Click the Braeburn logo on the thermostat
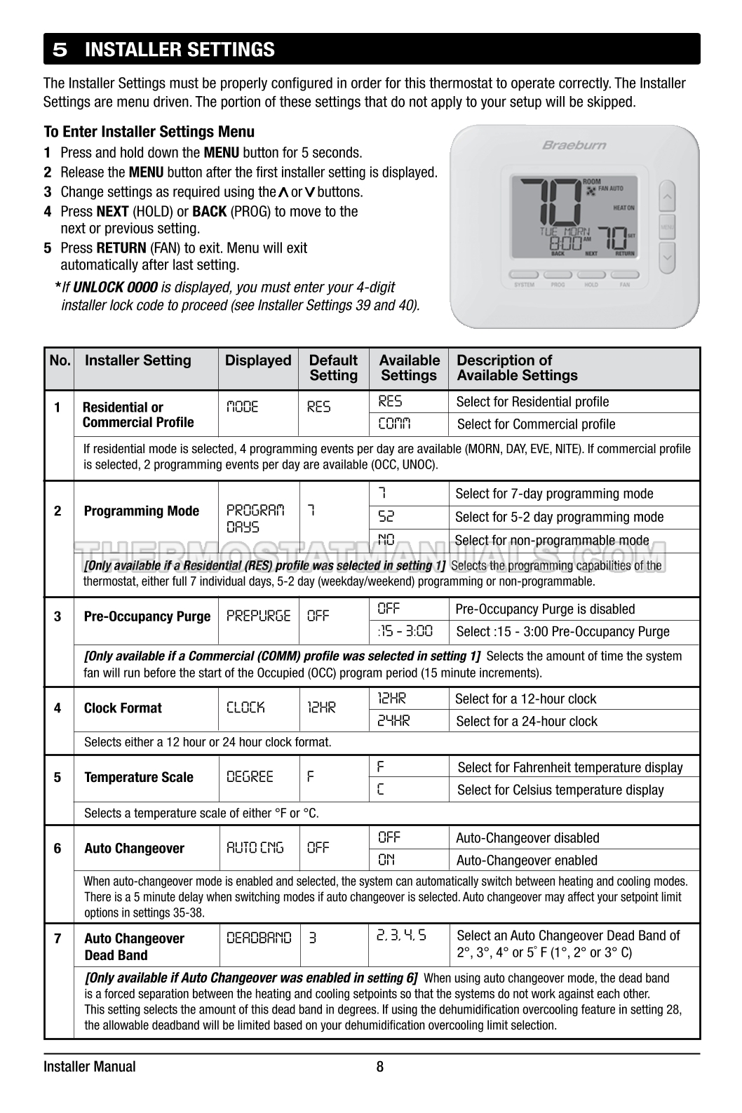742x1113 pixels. pos(574,145)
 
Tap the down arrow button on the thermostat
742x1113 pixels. pos(667,257)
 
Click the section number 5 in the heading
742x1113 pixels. pos(60,50)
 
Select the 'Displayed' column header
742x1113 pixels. pos(257,360)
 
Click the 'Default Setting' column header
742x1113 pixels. pos(333,367)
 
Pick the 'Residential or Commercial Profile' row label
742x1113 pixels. pos(137,414)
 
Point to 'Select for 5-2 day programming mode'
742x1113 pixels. pos(559,517)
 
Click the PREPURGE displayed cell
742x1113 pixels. pos(258,616)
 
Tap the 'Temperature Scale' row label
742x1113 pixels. pos(138,777)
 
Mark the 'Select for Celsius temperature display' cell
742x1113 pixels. pos(560,790)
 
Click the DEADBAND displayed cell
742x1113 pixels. pos(258,938)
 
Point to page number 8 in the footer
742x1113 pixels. pos(379,1067)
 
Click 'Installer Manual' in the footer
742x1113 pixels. pos(90,1067)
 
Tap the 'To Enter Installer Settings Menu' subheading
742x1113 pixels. pos(149,132)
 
